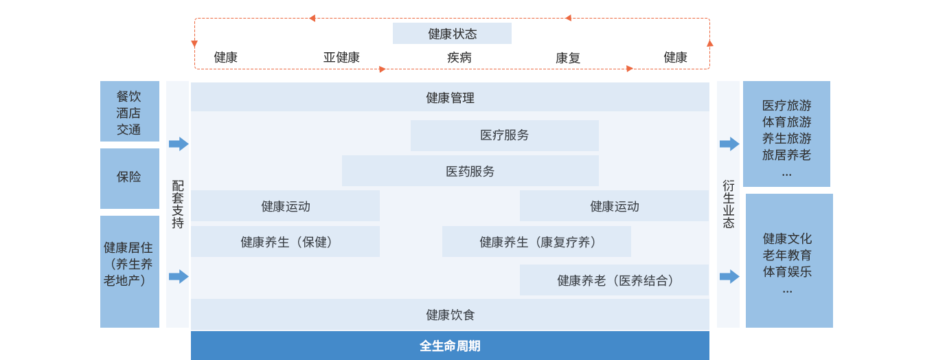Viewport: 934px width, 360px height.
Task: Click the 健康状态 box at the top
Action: tap(452, 34)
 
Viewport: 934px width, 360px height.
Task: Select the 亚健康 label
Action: tap(341, 58)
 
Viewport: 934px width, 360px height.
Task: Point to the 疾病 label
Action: tap(459, 58)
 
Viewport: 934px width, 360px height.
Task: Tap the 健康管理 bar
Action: tap(450, 98)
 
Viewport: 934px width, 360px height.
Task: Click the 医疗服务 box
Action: tap(504, 135)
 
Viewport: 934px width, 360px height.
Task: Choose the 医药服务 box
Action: tap(470, 171)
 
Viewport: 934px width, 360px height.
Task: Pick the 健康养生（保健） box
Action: tap(285, 242)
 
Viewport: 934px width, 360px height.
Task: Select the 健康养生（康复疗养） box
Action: tap(536, 242)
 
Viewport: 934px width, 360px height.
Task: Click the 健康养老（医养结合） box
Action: tap(614, 280)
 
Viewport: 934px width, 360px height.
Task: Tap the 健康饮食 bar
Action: tap(450, 315)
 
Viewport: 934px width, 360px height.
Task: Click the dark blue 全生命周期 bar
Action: tap(450, 346)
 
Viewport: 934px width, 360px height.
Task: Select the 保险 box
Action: tap(129, 177)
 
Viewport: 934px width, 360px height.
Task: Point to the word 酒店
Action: tap(128, 113)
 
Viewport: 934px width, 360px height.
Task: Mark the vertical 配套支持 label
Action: tap(177, 204)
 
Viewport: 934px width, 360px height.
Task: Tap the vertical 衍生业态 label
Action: tap(728, 204)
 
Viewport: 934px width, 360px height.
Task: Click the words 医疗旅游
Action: tap(786, 106)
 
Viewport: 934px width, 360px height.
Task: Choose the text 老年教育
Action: tap(787, 255)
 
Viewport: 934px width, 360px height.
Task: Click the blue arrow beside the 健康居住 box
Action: tap(179, 276)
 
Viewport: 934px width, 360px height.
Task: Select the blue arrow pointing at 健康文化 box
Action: tap(729, 276)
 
